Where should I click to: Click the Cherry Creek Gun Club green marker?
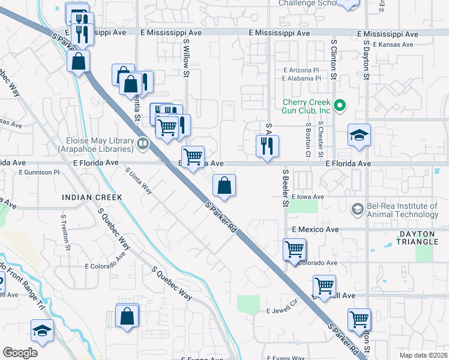click(x=340, y=106)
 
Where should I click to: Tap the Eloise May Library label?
click(x=99, y=144)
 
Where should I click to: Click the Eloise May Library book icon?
click(x=142, y=143)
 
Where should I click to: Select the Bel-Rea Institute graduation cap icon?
click(x=357, y=208)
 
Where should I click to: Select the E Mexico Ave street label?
click(x=315, y=229)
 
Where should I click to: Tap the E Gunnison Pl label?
click(x=40, y=172)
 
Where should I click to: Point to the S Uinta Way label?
click(x=139, y=181)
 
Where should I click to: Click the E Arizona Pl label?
click(x=301, y=70)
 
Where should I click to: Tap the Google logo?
click(x=20, y=353)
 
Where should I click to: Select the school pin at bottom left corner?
click(x=43, y=330)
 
